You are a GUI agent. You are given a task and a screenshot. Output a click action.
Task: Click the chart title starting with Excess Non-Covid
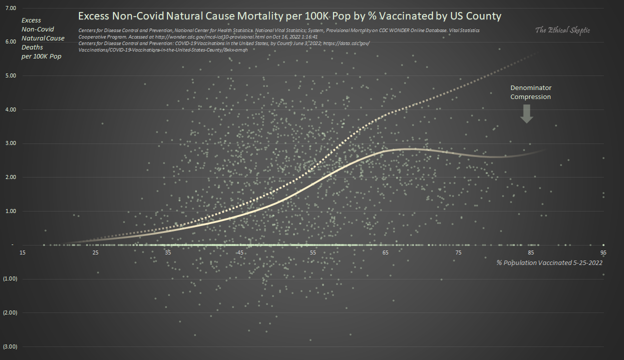tap(289, 16)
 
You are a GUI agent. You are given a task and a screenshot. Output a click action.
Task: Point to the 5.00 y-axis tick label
tap(10, 76)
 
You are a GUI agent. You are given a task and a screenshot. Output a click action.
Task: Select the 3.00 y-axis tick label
tap(10, 143)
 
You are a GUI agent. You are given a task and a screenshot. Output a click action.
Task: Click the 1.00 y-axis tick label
tap(10, 211)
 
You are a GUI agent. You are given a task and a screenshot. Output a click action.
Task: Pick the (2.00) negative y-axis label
tap(10, 312)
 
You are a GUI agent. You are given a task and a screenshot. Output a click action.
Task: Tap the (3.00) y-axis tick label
tap(10, 346)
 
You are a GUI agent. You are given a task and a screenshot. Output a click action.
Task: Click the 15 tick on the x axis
tap(22, 252)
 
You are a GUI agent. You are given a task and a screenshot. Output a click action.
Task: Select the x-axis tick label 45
tap(240, 252)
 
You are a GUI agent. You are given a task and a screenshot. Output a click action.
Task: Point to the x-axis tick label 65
tap(385, 252)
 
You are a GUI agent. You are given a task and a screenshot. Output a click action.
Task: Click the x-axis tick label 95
tap(603, 252)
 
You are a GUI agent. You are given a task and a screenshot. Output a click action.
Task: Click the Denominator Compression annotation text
tap(530, 92)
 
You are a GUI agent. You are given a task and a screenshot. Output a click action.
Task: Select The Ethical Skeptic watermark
tap(562, 30)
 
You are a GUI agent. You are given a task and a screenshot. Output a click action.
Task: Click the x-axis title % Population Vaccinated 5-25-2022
tap(549, 262)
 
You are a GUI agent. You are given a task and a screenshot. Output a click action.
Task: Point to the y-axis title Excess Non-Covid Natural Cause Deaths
tap(42, 38)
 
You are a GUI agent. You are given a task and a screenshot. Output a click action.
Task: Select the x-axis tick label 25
tap(95, 252)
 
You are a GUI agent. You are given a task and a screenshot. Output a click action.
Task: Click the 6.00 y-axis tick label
tap(10, 42)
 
